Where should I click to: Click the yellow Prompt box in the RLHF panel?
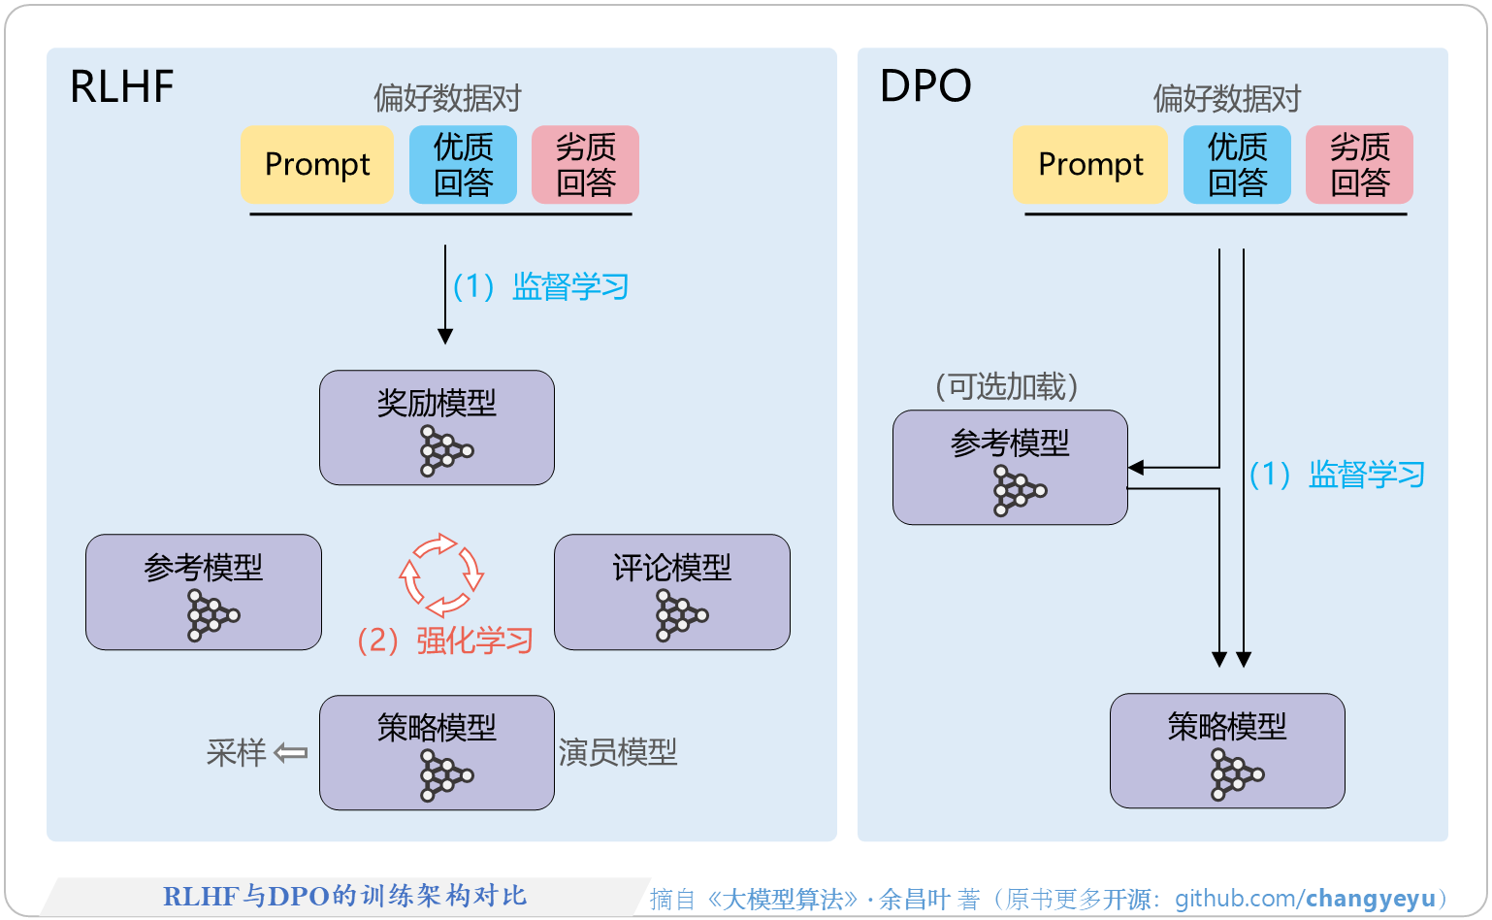317,164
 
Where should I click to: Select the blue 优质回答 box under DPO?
1237,164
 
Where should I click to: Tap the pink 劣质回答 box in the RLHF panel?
585,164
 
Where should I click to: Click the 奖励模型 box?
437,427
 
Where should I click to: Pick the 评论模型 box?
671,591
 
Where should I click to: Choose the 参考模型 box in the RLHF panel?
203,591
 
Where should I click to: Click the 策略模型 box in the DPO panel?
1227,750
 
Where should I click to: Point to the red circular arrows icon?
441,575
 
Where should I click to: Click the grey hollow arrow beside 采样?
290,752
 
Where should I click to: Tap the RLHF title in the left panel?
122,87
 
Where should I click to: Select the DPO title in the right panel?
925,87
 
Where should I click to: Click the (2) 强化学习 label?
445,641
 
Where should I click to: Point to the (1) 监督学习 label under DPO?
1337,475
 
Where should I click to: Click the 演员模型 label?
618,752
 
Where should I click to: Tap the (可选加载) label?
1007,386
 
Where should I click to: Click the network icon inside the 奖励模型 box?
445,450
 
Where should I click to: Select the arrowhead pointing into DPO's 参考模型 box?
1136,468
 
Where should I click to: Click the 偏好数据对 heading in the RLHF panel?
447,98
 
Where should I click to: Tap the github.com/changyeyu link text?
1305,899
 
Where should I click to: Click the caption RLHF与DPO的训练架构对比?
344,896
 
